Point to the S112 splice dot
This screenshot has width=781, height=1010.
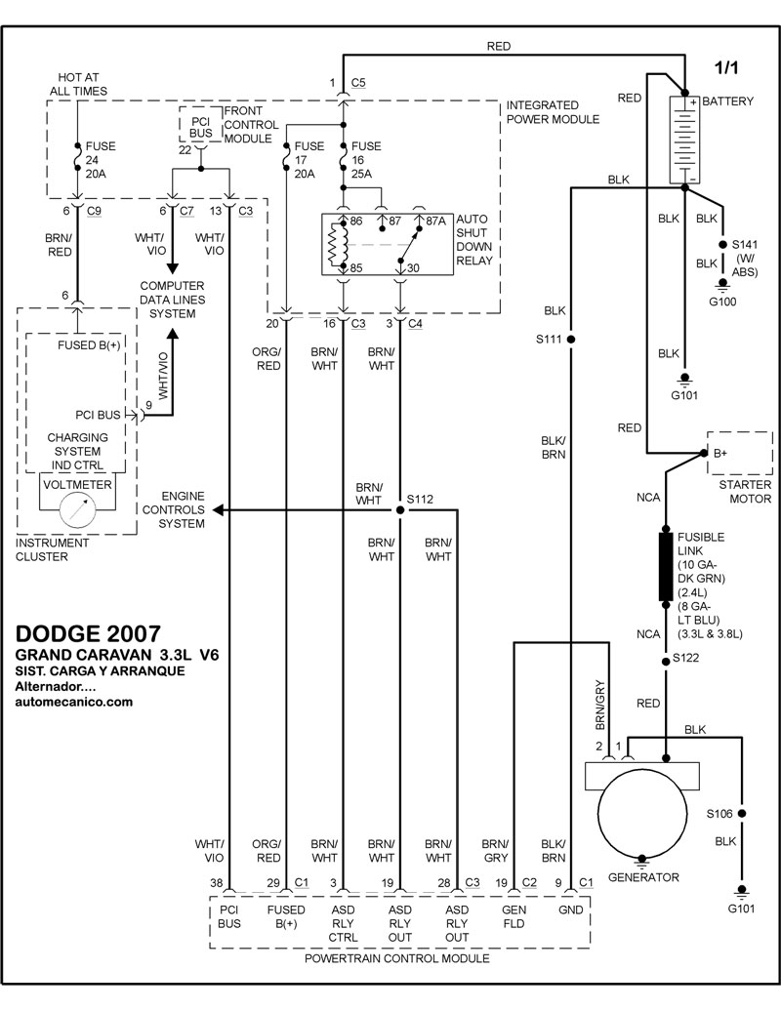tap(399, 509)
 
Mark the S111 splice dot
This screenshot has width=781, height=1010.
tap(572, 340)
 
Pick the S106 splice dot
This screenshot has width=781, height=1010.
tap(742, 813)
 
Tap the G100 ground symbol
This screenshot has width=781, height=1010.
tap(722, 285)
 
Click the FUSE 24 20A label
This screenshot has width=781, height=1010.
tap(101, 159)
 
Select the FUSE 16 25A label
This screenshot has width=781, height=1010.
tap(367, 159)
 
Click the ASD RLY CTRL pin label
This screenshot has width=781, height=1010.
tap(343, 923)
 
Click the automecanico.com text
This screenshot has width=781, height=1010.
tap(74, 701)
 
